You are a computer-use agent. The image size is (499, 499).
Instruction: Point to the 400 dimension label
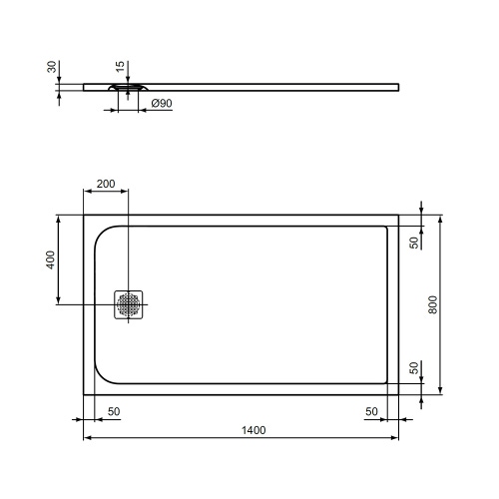click(x=50, y=258)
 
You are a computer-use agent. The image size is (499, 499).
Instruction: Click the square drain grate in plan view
click(x=130, y=304)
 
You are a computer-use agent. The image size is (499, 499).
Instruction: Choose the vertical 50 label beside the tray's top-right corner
click(x=413, y=241)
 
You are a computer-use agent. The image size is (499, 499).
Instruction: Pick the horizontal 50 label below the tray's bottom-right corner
click(x=370, y=412)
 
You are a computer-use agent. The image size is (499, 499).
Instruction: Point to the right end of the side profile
click(x=402, y=86)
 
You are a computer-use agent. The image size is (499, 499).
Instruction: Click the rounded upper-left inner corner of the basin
click(x=104, y=235)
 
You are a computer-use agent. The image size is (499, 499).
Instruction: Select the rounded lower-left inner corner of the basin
click(x=104, y=374)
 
